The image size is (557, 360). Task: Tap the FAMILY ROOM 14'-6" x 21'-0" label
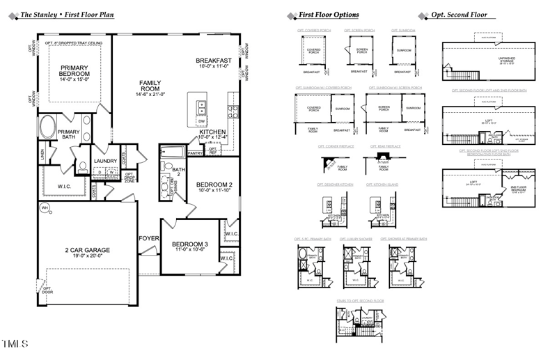[150, 90]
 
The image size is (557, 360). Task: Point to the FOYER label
[149, 239]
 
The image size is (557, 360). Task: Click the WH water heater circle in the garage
[45, 208]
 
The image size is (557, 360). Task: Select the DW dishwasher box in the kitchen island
[202, 120]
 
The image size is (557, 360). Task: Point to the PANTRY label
[196, 152]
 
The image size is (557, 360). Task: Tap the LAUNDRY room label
[106, 161]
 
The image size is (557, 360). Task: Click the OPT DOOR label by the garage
[47, 290]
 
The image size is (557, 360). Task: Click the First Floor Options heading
[329, 15]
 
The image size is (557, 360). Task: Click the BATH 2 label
[179, 172]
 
